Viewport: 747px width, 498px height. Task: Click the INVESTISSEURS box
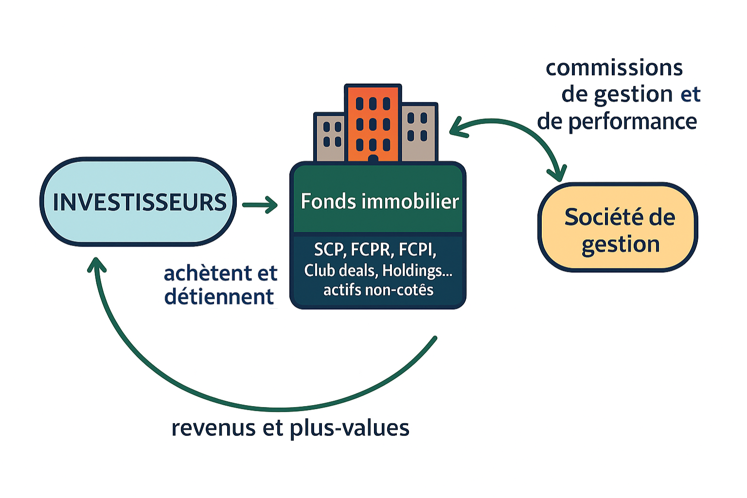(x=138, y=202)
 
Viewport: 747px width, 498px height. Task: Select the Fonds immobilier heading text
(x=379, y=201)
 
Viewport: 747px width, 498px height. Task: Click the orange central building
(x=373, y=122)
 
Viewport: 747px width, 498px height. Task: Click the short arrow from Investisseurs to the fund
(x=260, y=205)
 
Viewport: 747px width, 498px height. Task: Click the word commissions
(x=614, y=68)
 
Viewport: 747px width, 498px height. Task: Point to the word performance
(x=632, y=121)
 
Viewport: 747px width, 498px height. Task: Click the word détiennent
(x=219, y=297)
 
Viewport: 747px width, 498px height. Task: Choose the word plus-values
(x=350, y=428)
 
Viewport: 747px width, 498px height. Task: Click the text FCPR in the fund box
(x=371, y=249)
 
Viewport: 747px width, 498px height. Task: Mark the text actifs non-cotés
(x=378, y=290)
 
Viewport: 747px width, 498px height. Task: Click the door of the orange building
(x=373, y=159)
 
